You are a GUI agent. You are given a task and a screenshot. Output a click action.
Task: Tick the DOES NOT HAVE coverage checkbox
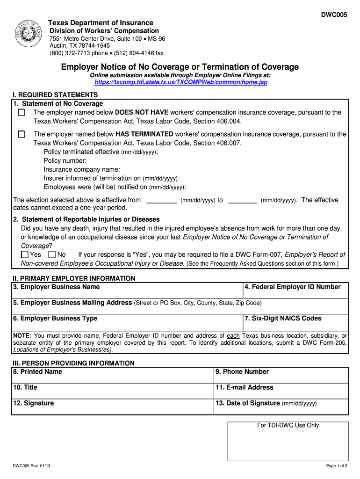click(22, 113)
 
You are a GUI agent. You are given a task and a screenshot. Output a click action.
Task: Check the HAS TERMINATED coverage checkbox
click(22, 134)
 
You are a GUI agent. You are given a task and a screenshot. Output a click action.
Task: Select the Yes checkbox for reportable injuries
click(25, 255)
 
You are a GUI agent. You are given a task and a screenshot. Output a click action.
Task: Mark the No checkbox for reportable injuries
click(52, 255)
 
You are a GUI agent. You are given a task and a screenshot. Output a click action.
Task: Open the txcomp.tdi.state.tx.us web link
click(180, 82)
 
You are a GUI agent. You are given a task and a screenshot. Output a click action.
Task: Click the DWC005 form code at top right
click(334, 15)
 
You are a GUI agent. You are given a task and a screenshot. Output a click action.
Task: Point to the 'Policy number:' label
click(65, 161)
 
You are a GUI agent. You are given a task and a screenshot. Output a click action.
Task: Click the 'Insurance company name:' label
click(82, 169)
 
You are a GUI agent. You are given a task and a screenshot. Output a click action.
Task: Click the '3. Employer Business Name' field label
click(57, 287)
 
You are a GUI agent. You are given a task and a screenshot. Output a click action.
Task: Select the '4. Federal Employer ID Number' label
click(293, 287)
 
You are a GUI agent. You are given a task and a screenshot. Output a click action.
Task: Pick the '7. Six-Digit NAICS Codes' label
click(283, 318)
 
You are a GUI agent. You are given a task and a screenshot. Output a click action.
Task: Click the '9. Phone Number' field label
click(242, 371)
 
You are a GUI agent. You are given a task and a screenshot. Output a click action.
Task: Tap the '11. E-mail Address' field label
click(245, 387)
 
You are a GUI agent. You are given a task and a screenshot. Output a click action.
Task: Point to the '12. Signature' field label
click(34, 403)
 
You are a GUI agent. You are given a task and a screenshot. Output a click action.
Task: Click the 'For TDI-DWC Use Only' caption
click(288, 425)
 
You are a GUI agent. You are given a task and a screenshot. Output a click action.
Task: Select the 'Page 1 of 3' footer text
click(336, 466)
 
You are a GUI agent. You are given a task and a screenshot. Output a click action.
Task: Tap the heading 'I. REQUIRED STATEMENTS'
click(55, 95)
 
